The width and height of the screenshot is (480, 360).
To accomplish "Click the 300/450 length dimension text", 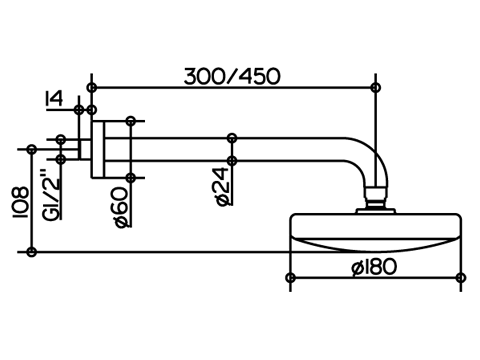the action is coord(232,76).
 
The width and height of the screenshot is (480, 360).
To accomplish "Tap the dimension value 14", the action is coord(54,99).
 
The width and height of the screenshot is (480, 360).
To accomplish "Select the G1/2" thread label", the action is coord(52,195).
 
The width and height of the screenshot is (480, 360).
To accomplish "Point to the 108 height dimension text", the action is coord(20,202).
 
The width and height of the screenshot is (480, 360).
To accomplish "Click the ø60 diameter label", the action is coord(122,207).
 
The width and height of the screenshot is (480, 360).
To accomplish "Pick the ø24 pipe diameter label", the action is coord(223,186).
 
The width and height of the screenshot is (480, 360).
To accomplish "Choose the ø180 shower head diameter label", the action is coord(374,267).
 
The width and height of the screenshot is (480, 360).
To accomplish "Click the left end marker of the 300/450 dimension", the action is coord(92,88).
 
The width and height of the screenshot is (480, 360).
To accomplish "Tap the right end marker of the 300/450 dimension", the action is coord(376,88).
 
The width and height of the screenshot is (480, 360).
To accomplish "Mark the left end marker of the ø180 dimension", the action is coord(291,277).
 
